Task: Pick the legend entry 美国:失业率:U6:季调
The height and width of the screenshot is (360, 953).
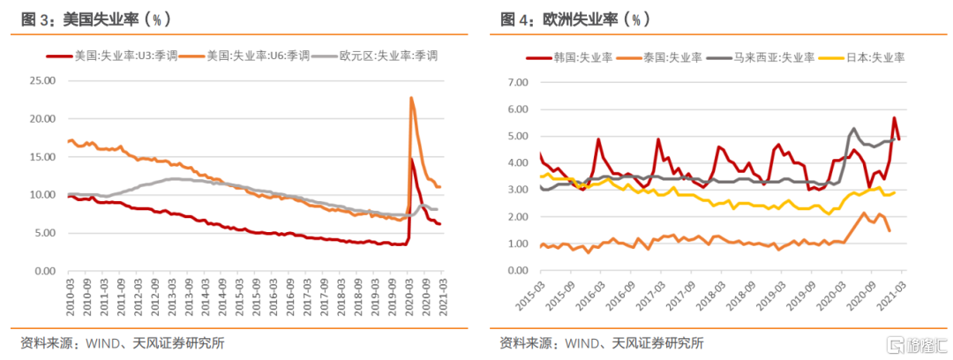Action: [256, 56]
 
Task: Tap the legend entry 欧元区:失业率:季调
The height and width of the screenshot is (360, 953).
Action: [388, 56]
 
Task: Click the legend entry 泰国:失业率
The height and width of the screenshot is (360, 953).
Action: [663, 57]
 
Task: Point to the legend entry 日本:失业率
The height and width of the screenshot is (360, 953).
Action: [868, 57]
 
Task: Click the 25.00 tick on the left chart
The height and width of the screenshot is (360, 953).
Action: [41, 80]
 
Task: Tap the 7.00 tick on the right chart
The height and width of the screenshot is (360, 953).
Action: [514, 82]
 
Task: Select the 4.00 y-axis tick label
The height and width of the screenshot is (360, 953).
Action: [514, 163]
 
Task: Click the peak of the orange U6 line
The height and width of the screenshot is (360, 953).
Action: [411, 97]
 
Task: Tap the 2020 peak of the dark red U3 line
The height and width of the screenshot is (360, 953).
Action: [412, 159]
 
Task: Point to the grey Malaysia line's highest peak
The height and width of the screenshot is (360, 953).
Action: [853, 128]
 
